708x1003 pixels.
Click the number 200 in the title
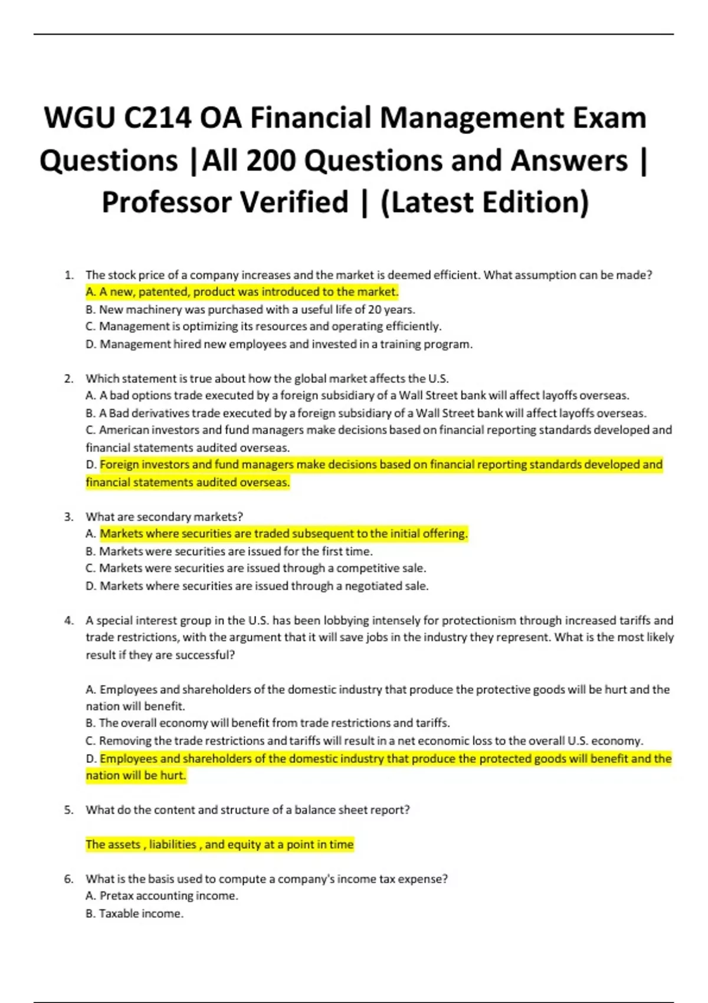271,160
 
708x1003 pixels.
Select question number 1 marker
69,275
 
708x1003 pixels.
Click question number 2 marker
69,379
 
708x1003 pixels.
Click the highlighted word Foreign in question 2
121,465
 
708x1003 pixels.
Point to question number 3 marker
69,517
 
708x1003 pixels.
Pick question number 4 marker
69,621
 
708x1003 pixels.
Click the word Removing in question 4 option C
123,741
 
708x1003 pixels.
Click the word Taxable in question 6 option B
120,914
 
